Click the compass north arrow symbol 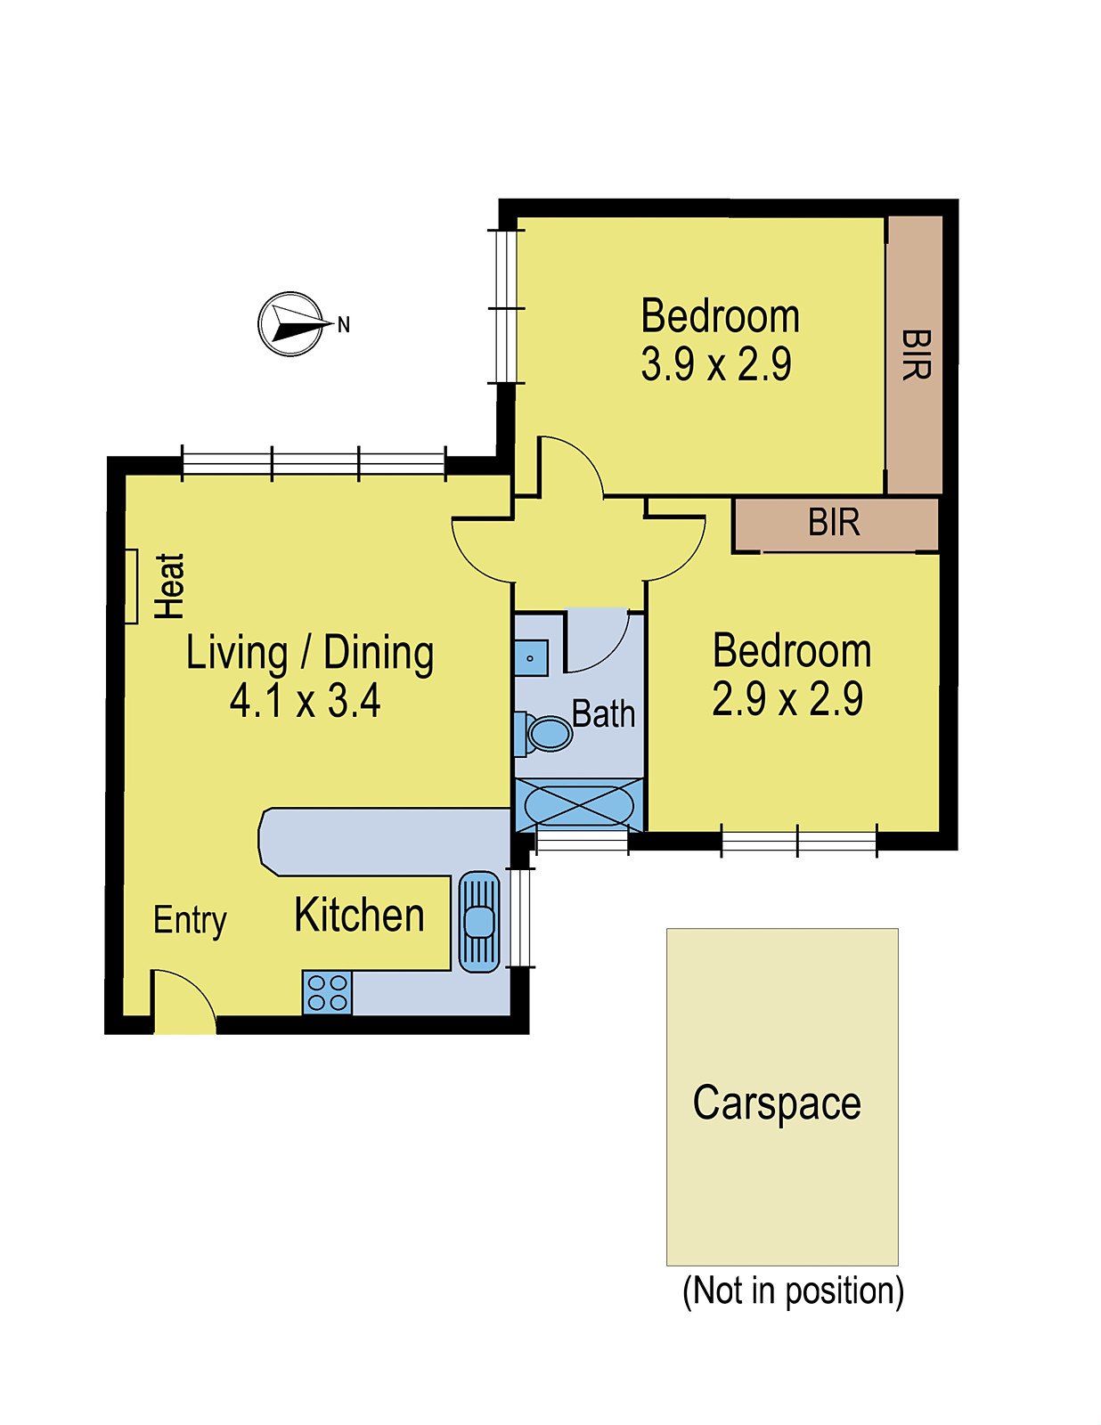coord(291,324)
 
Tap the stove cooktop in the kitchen coord(327,993)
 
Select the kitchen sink coord(479,922)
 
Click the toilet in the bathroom coord(543,732)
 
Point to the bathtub coord(578,804)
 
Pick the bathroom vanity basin coord(531,658)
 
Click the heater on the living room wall coord(131,586)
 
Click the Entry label coord(190,922)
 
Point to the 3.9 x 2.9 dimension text coord(716,364)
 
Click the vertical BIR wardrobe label coord(916,354)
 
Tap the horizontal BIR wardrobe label coord(834,523)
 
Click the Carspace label coord(777,1103)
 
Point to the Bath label coord(603,713)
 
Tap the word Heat coord(170,586)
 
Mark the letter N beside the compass coord(344,324)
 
